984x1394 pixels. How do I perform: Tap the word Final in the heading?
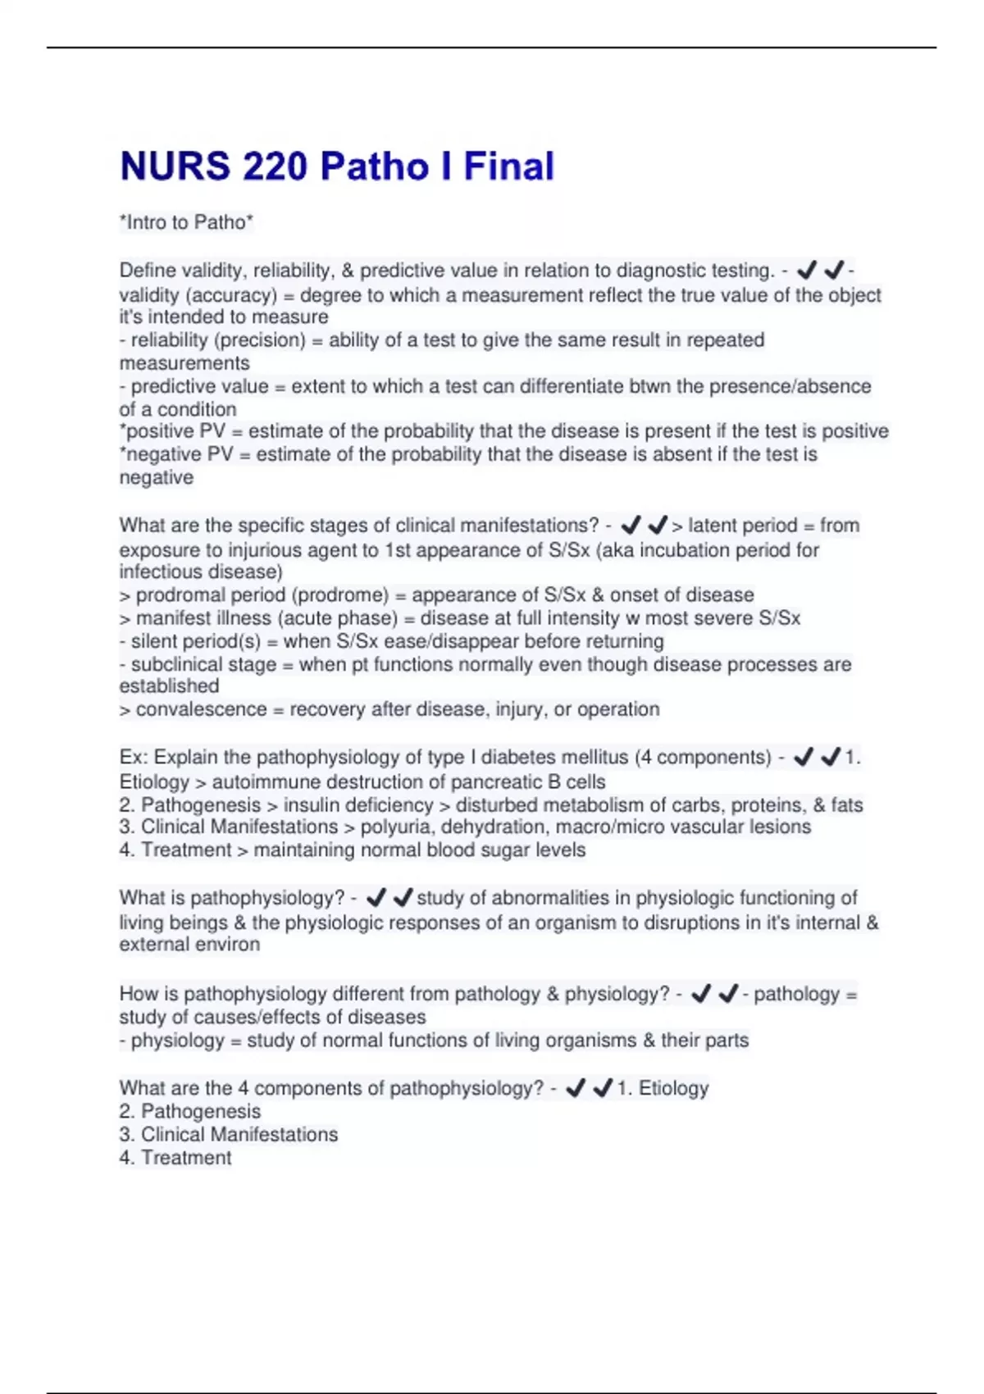[508, 166]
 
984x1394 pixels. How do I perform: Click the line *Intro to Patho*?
[186, 222]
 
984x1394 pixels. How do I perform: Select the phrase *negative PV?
[176, 454]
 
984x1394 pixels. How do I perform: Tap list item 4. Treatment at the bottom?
[175, 1158]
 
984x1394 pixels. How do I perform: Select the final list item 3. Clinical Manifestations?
[229, 1135]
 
